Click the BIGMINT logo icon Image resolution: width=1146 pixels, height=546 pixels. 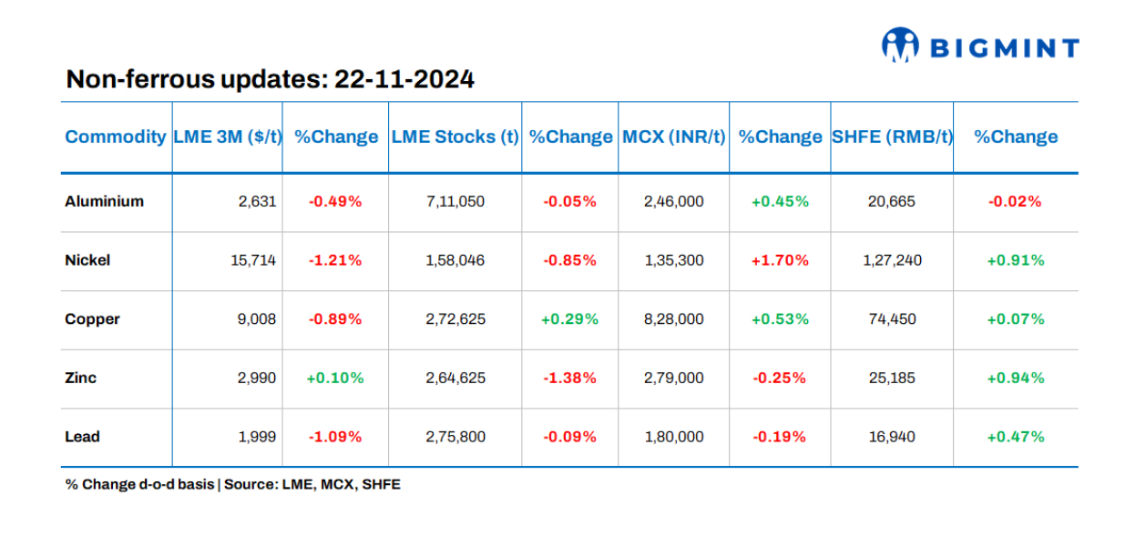tap(900, 45)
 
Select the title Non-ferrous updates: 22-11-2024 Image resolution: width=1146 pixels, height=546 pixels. tap(270, 79)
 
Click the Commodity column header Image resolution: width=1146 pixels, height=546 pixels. tap(115, 136)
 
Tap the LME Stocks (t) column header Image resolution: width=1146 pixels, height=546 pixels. tap(455, 136)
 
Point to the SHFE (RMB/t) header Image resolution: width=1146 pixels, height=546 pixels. tap(892, 136)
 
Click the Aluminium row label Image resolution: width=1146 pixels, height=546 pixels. tap(104, 201)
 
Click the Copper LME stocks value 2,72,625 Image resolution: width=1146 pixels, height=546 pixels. tap(455, 319)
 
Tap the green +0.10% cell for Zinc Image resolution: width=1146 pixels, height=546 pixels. tap(335, 378)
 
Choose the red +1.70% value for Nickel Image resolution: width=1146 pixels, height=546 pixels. tap(780, 260)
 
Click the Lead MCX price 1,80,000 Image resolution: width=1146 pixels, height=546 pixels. tap(673, 437)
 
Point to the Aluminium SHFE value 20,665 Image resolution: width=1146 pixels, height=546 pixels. tap(892, 201)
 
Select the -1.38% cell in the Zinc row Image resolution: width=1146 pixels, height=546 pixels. tap(570, 378)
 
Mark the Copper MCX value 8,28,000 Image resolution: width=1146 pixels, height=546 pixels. tap(673, 319)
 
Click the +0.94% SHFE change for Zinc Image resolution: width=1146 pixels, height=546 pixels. tap(1016, 378)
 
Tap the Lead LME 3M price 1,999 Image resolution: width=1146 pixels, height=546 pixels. tap(256, 437)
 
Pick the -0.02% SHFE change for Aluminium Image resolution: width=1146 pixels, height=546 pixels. tap(1016, 201)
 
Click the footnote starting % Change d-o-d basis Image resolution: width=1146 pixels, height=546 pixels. tap(232, 484)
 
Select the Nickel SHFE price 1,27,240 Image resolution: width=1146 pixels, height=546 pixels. tap(892, 260)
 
